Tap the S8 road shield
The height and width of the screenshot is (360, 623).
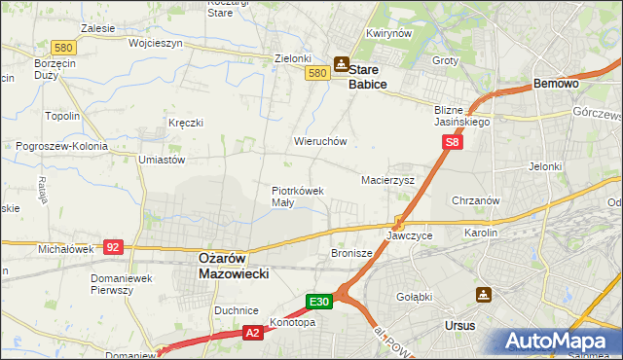pos(452,142)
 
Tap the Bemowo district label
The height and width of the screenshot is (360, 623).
pos(557,85)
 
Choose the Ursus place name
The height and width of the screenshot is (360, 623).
pos(458,325)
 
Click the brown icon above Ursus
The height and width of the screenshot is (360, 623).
pos(484,294)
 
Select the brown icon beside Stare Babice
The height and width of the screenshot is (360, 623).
pos(341,65)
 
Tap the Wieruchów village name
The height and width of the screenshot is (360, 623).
pos(320,141)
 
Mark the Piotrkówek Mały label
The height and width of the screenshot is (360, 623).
pos(297,197)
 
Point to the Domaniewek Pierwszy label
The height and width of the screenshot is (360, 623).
pos(118,283)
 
